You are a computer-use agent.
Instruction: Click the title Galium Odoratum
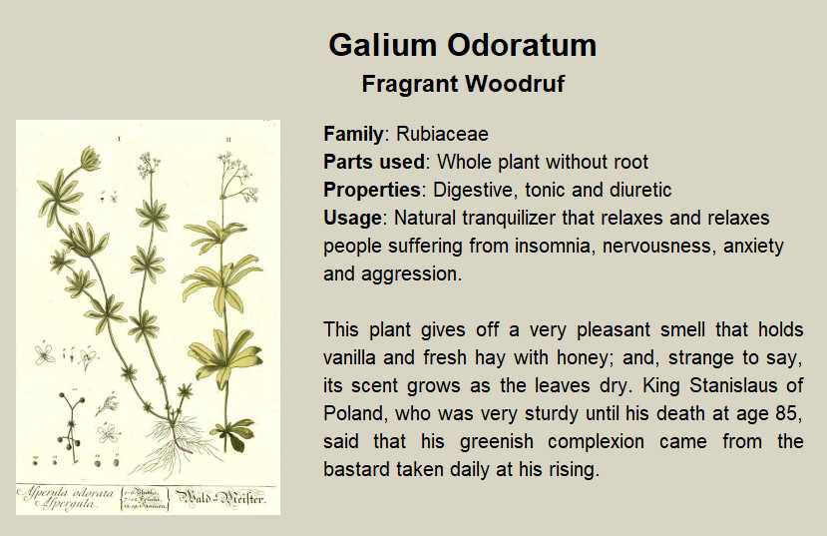pos(463,45)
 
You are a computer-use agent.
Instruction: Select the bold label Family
pos(353,134)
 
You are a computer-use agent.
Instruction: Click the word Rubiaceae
pos(442,134)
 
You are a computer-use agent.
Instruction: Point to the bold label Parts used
pos(374,162)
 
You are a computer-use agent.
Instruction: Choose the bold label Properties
pos(372,190)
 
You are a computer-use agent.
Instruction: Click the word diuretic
pos(640,190)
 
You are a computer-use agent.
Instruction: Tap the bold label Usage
pos(352,218)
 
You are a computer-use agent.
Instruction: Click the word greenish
pos(497,441)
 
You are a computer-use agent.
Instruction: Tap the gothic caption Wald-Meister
pos(220,497)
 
